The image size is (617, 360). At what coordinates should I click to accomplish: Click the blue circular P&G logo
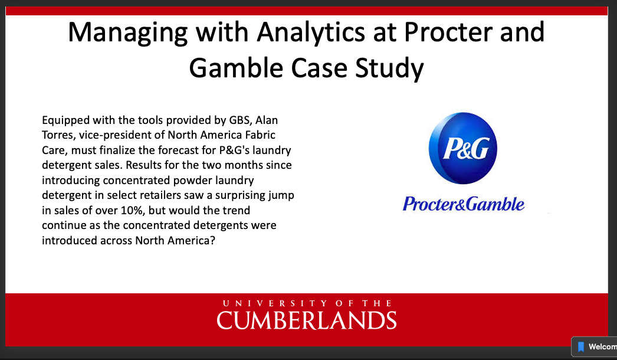[462, 150]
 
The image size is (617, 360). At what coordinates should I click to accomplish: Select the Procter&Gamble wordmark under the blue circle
[463, 204]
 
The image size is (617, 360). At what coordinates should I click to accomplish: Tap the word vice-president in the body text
[130, 135]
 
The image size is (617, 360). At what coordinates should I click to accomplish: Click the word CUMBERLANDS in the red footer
[307, 320]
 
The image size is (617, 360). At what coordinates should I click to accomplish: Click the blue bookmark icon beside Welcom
[580, 347]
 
